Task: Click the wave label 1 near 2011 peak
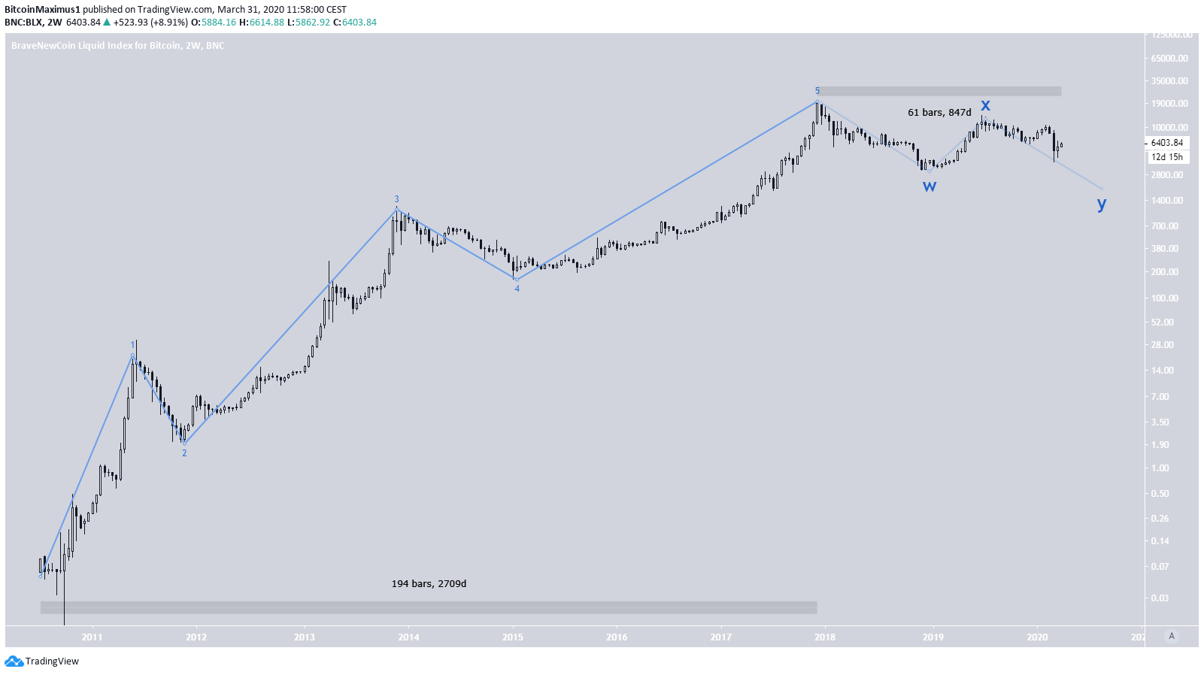click(133, 345)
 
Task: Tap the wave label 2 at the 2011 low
click(184, 453)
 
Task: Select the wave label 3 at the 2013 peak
click(396, 199)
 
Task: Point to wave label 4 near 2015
click(517, 289)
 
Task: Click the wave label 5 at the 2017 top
click(817, 91)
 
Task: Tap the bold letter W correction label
click(930, 186)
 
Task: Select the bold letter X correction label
click(985, 105)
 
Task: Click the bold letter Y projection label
click(1102, 204)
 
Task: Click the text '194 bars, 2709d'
click(429, 584)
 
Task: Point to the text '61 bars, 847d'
click(939, 113)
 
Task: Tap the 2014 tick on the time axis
click(408, 637)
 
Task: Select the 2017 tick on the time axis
click(720, 637)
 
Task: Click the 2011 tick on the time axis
click(92, 637)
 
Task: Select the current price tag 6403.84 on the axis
click(1166, 143)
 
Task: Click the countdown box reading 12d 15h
click(1166, 157)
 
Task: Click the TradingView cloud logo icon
click(14, 661)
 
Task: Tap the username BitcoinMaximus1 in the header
click(42, 10)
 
